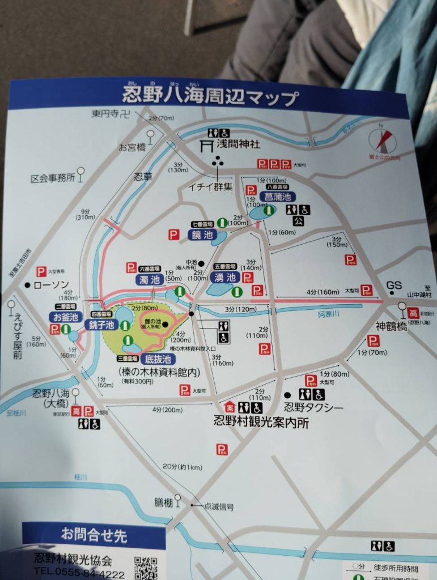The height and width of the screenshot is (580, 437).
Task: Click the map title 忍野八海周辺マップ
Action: point(210,96)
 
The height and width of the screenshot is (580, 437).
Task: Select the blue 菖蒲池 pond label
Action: point(278,197)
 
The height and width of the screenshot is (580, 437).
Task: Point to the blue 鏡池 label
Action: point(202,234)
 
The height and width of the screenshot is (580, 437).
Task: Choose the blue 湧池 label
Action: point(225,278)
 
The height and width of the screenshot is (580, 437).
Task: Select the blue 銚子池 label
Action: point(101,325)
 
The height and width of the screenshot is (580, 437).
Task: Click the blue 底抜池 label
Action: point(157,359)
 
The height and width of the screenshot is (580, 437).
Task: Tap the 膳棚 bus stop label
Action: point(162,502)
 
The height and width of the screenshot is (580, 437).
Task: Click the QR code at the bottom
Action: point(146,568)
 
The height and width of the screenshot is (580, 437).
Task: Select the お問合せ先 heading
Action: point(94,534)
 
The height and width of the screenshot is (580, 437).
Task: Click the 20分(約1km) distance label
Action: point(183,466)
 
